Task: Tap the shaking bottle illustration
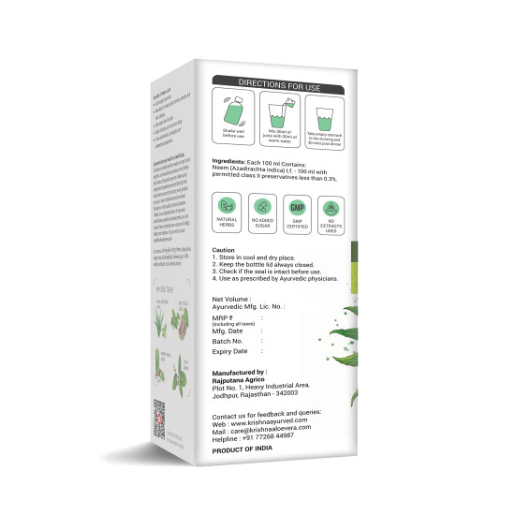233,111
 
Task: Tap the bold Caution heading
223,251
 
